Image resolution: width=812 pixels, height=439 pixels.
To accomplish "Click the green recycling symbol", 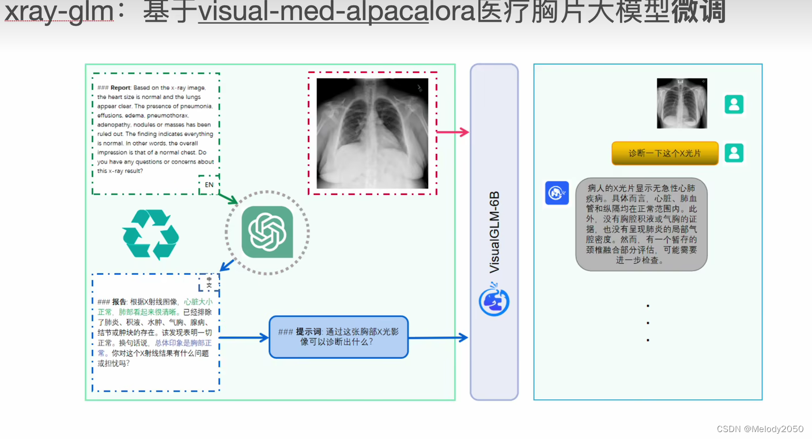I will [x=151, y=234].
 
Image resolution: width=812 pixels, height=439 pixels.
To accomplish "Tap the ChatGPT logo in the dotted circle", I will [x=267, y=232].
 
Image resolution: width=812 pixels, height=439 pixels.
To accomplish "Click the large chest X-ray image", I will [x=372, y=134].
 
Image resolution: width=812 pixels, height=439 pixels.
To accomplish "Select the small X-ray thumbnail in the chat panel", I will [x=682, y=104].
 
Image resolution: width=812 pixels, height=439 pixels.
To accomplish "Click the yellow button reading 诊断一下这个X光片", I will [x=665, y=153].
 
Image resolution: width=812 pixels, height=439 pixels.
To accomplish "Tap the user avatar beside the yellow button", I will [x=734, y=153].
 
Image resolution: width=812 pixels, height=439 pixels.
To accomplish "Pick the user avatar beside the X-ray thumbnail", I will [x=734, y=105].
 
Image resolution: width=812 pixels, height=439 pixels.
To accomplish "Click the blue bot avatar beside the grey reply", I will [x=557, y=193].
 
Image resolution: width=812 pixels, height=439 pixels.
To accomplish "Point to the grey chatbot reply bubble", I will [x=641, y=224].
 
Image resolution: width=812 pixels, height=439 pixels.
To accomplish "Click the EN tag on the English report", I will [x=209, y=185].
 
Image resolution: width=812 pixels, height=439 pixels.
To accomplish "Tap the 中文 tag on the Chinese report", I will [x=209, y=282].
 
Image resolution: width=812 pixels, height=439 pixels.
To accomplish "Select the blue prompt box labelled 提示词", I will [x=338, y=337].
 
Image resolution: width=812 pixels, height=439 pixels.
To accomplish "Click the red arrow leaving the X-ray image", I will [x=453, y=133].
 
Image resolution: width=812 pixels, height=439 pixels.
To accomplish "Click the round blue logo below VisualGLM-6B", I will [x=494, y=300].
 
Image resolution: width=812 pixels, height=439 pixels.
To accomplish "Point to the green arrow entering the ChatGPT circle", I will [x=227, y=199].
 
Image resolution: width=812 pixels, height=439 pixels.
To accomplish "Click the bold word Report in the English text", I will [x=120, y=88].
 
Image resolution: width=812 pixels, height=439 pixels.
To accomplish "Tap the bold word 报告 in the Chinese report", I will [x=119, y=302].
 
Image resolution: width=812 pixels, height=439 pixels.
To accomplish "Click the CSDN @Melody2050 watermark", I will [x=760, y=429].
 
